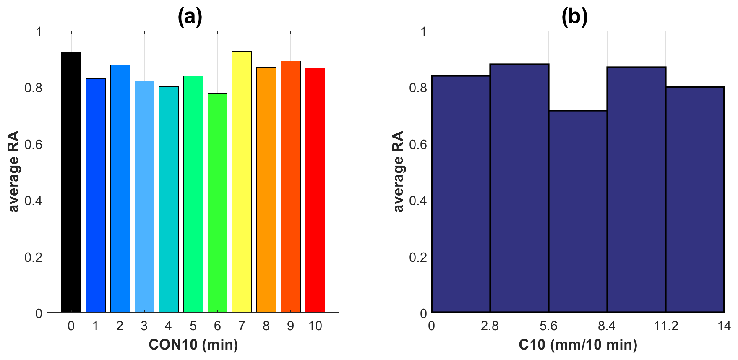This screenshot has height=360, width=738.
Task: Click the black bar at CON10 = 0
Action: (71, 182)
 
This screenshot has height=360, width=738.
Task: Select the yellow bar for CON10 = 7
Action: (242, 182)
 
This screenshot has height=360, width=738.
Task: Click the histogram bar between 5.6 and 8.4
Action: (578, 211)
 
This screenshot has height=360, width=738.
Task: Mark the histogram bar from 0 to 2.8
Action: (461, 194)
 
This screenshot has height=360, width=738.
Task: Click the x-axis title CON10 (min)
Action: (193, 344)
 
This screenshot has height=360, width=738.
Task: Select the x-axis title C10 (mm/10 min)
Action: (578, 344)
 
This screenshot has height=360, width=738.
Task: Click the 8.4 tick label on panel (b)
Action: (607, 326)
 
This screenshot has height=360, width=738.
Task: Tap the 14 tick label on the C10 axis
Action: (724, 326)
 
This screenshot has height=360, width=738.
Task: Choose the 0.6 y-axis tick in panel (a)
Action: (33, 144)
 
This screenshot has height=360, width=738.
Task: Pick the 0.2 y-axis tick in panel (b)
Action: (418, 257)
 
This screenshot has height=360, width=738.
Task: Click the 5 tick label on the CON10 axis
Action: (193, 326)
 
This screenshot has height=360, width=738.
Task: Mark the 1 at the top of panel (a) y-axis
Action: (39, 31)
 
